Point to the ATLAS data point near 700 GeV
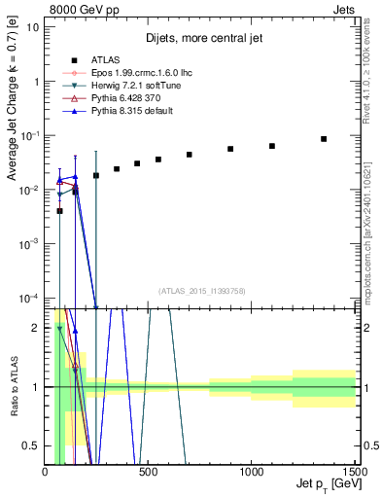pos(190,155)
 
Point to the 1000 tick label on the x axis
pos(251,471)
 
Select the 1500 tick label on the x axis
pos(354,471)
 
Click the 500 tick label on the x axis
pos(149,471)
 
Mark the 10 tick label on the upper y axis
pos(34,26)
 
